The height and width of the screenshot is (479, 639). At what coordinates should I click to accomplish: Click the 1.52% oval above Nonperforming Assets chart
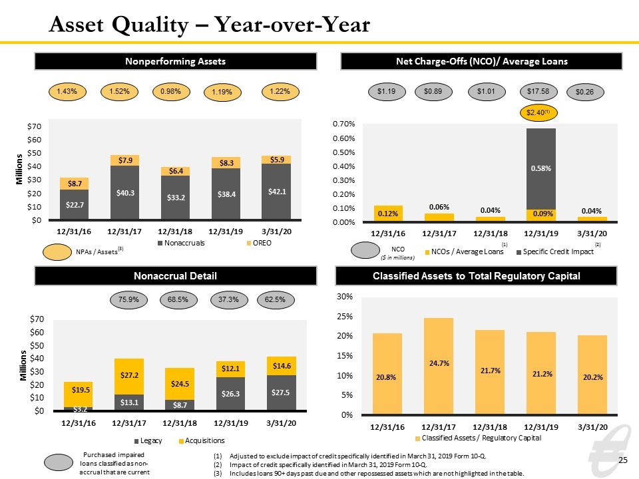pos(119,92)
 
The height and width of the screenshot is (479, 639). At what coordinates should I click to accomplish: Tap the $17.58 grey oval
pos(538,92)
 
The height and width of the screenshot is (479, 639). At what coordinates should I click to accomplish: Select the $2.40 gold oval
pos(538,112)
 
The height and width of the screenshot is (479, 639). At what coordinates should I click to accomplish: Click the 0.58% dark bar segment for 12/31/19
pos(540,169)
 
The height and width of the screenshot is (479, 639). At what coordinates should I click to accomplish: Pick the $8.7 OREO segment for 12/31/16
pos(74,184)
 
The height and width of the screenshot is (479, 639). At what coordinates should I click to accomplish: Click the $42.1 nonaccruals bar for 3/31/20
pos(276,192)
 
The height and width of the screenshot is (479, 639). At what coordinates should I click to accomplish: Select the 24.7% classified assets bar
pos(439,366)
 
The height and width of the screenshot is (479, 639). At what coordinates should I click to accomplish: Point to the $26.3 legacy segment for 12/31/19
pos(231,393)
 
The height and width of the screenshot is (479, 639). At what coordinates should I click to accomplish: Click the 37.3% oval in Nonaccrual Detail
pos(228,300)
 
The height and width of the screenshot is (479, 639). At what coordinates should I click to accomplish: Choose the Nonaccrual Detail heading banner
pos(176,275)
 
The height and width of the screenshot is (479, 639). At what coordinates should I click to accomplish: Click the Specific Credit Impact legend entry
pos(555,251)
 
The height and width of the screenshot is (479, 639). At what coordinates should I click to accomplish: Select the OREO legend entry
pos(259,243)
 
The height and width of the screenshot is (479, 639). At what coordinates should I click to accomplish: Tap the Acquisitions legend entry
pos(202,440)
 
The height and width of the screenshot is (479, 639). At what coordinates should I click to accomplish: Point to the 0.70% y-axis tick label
pos(344,124)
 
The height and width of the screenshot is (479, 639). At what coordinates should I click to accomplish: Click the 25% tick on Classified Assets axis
pos(345,317)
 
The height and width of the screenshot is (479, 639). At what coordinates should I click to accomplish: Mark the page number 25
pos(623,460)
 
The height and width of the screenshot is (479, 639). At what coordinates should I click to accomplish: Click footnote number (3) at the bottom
pos(218,473)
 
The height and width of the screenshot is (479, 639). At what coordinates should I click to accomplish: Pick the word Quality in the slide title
pos(150,25)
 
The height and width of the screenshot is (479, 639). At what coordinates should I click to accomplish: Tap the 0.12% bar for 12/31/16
pos(388,214)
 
